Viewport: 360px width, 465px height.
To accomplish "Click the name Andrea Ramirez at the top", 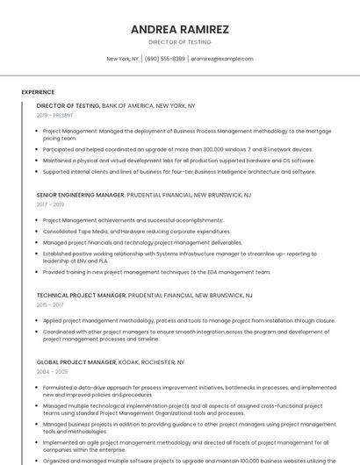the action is tap(180, 29).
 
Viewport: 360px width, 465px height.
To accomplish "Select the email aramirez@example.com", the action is tap(221, 59).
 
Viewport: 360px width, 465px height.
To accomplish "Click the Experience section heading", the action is tap(38, 92).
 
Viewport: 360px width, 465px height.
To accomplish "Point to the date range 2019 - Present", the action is tap(55, 115).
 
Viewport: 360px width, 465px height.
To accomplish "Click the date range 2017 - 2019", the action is tap(50, 204).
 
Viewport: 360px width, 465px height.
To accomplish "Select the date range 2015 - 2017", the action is tap(50, 304).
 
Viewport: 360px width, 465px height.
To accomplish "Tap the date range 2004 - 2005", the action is tap(51, 371).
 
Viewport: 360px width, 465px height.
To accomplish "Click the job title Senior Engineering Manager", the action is tap(80, 195).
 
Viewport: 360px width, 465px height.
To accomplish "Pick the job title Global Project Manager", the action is tap(76, 361).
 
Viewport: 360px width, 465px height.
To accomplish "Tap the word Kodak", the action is tap(133, 361).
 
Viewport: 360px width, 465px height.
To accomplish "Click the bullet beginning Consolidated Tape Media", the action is tap(136, 231).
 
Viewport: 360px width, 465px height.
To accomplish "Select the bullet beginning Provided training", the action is tap(156, 272).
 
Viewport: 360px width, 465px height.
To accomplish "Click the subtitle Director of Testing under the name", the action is tap(180, 42).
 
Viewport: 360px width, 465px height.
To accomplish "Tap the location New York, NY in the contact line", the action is tap(123, 59).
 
